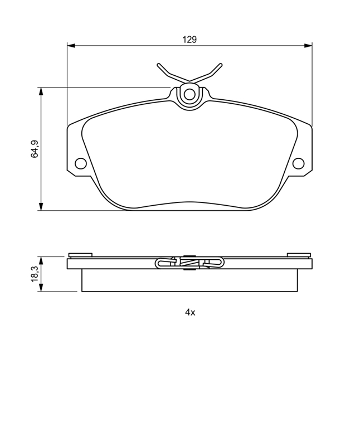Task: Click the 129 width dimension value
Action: [189, 40]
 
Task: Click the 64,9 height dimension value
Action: [35, 149]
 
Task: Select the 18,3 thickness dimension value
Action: [35, 274]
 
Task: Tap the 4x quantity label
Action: [190, 312]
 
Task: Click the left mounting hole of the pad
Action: [81, 163]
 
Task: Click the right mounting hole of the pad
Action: [298, 163]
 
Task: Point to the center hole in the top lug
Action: [189, 94]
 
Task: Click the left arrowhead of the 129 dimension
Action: [71, 46]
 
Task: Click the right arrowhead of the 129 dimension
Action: [308, 46]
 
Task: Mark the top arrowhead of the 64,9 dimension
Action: [41, 91]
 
